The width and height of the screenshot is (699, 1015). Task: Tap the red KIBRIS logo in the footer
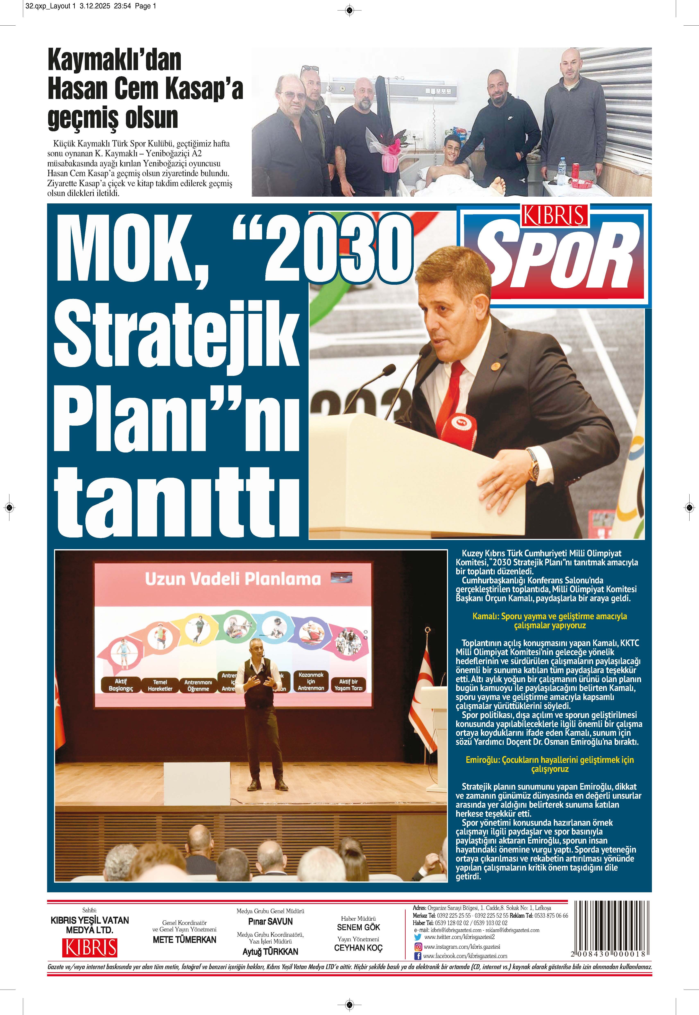(91, 948)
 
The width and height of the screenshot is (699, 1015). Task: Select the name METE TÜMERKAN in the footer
(184, 940)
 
